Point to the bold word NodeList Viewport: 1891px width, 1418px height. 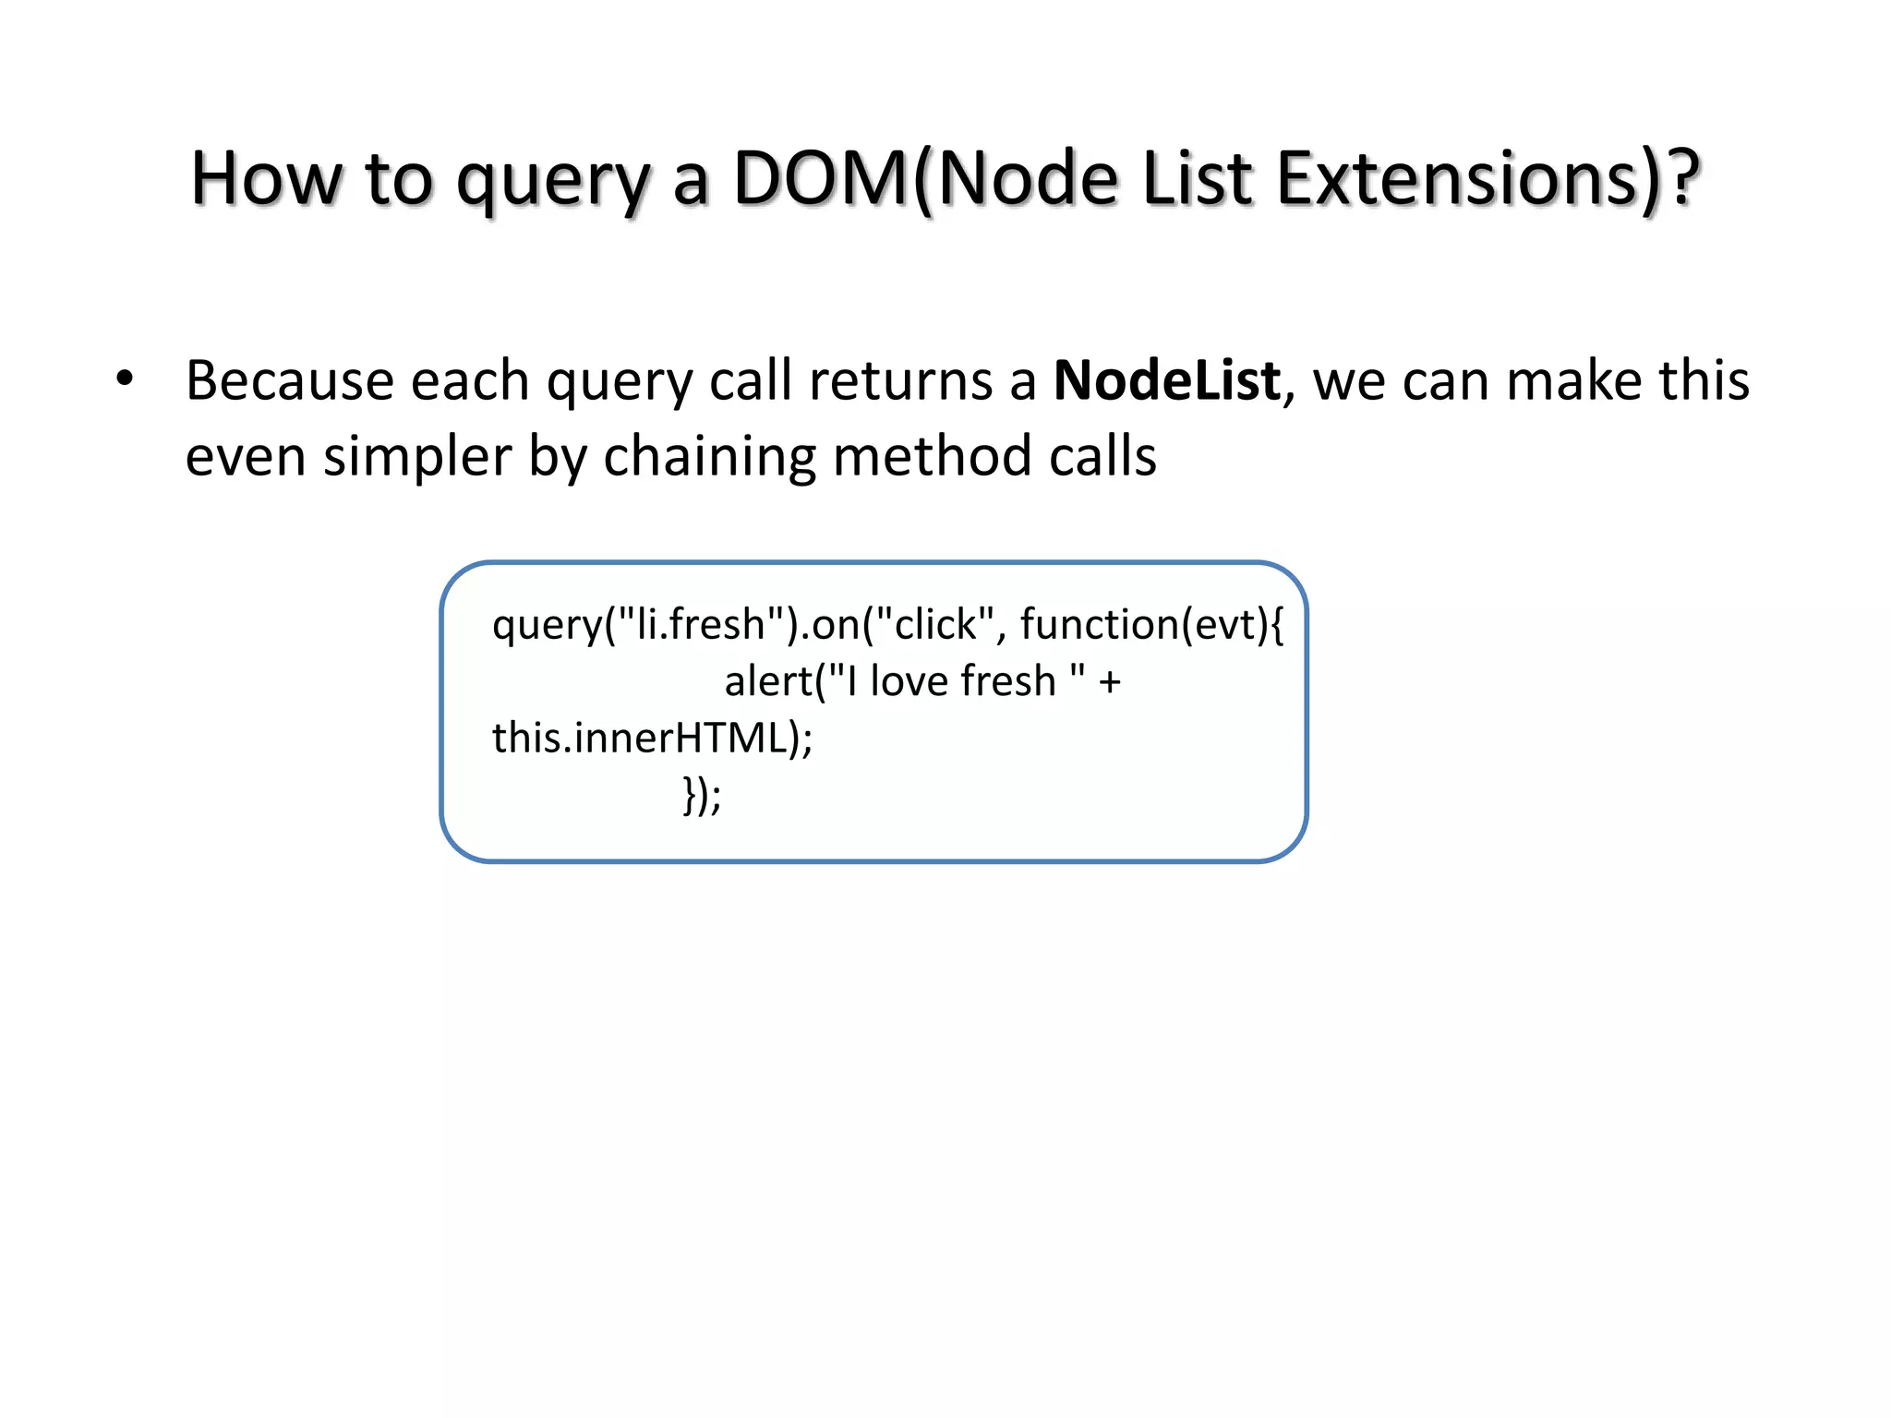click(x=1167, y=380)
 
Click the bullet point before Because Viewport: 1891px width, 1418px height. click(x=125, y=379)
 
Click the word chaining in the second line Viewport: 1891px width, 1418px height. click(x=709, y=457)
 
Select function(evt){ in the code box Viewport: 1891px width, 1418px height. click(x=1150, y=625)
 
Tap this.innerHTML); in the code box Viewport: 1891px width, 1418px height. click(x=652, y=739)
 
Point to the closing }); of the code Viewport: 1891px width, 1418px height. click(x=702, y=795)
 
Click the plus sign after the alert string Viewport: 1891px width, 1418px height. click(x=1110, y=682)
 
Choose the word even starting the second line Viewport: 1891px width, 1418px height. click(x=246, y=457)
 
